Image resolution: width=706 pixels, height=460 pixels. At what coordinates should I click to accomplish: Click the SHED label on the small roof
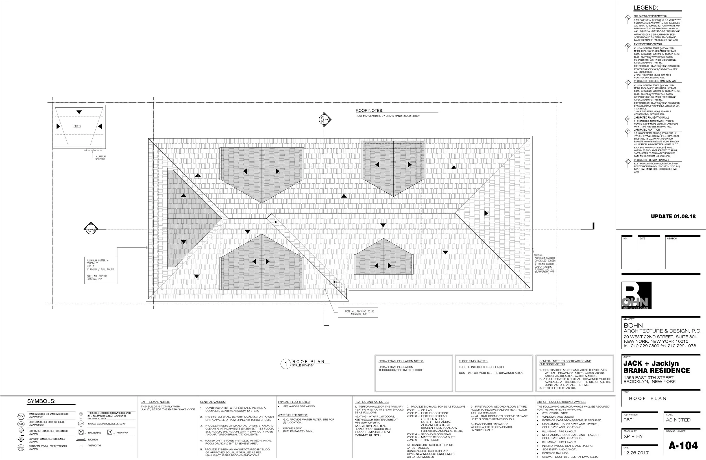(x=77, y=126)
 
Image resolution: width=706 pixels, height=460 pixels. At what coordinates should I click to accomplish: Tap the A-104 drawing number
(x=683, y=446)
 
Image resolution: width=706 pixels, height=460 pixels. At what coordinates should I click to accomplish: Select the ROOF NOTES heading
(x=369, y=111)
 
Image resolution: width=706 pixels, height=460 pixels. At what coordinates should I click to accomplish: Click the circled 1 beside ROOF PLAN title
(x=286, y=364)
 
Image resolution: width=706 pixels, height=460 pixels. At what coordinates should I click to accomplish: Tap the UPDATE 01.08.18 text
(x=673, y=216)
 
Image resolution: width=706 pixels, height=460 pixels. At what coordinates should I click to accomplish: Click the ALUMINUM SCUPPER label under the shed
(x=100, y=158)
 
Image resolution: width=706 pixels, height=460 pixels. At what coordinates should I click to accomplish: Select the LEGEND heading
(x=646, y=8)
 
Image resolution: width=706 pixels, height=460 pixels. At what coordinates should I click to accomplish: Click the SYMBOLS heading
(x=41, y=401)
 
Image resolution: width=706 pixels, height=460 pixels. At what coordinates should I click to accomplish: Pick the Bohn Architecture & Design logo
(x=636, y=295)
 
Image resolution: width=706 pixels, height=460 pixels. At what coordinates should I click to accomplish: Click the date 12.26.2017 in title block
(x=636, y=453)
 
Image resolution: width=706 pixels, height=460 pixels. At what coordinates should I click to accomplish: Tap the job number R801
(x=629, y=420)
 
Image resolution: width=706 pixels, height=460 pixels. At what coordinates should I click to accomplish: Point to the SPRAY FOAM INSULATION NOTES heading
(x=401, y=361)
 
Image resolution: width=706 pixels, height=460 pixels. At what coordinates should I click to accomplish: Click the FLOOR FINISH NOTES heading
(x=473, y=361)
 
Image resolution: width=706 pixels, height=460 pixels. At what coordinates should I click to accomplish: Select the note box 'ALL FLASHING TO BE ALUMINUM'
(x=358, y=312)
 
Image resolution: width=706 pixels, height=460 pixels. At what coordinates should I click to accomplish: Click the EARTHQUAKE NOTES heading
(x=155, y=402)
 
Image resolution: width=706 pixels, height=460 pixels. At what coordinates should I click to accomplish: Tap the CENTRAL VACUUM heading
(x=213, y=402)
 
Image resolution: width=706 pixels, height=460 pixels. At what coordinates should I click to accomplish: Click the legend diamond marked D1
(x=628, y=162)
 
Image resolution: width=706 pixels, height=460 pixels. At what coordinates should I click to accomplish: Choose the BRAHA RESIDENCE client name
(x=657, y=370)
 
